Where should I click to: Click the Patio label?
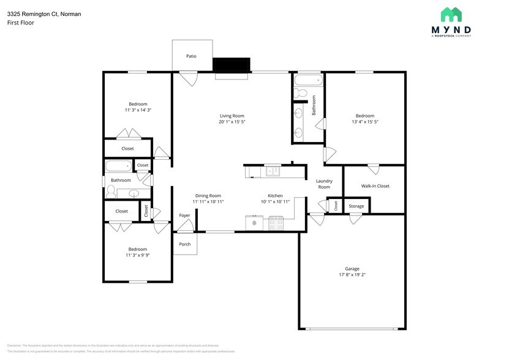point(191,56)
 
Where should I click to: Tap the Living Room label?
point(232,116)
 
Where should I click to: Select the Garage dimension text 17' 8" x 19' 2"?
point(352,275)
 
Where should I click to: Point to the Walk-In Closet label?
point(375,186)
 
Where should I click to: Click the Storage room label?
point(356,206)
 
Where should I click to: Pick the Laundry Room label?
point(324,184)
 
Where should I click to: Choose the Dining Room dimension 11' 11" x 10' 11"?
point(208,201)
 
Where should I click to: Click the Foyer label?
point(184,216)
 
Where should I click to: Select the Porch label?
point(184,244)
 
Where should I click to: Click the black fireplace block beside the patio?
point(231,64)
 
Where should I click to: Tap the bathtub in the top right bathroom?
point(307,80)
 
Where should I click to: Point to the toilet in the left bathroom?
point(111,193)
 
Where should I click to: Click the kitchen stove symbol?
point(276,223)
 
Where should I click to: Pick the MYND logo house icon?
point(451,15)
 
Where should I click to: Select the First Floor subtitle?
point(21,23)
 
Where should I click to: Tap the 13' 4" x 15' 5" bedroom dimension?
point(365,122)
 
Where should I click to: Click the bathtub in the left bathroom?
point(118,166)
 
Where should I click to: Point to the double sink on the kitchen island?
point(272,171)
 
